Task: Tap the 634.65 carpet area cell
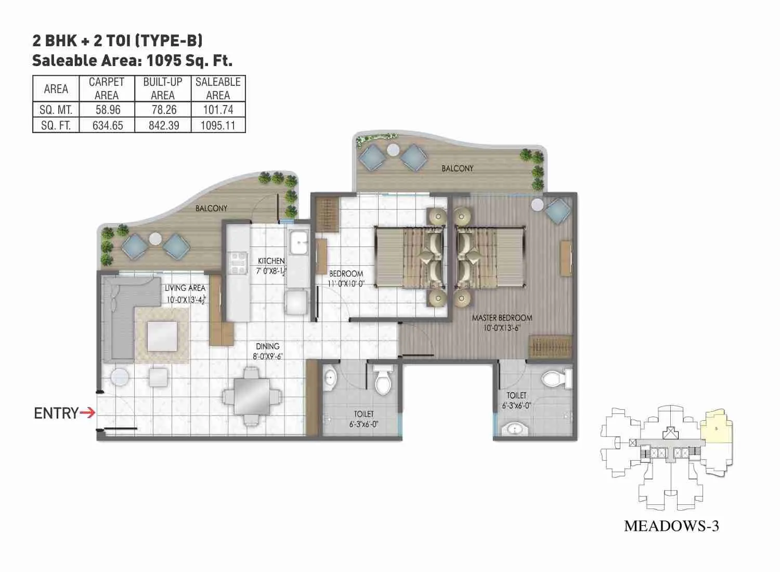pyautogui.click(x=107, y=125)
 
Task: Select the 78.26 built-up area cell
pyautogui.click(x=164, y=110)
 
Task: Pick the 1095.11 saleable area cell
pyautogui.click(x=218, y=125)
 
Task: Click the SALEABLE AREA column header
pyautogui.click(x=218, y=88)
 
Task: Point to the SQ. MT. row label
pyautogui.click(x=56, y=110)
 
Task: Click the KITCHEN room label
pyautogui.click(x=271, y=261)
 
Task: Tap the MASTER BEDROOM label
pyautogui.click(x=502, y=318)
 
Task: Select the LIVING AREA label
pyautogui.click(x=185, y=288)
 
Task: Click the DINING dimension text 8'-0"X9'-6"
pyautogui.click(x=267, y=356)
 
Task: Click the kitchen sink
pyautogui.click(x=299, y=242)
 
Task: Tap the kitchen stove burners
pyautogui.click(x=238, y=263)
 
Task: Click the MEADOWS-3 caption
pyautogui.click(x=671, y=526)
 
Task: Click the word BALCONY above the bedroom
pyautogui.click(x=458, y=168)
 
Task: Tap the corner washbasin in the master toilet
pyautogui.click(x=515, y=429)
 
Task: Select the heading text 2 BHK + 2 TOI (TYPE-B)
pyautogui.click(x=117, y=40)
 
